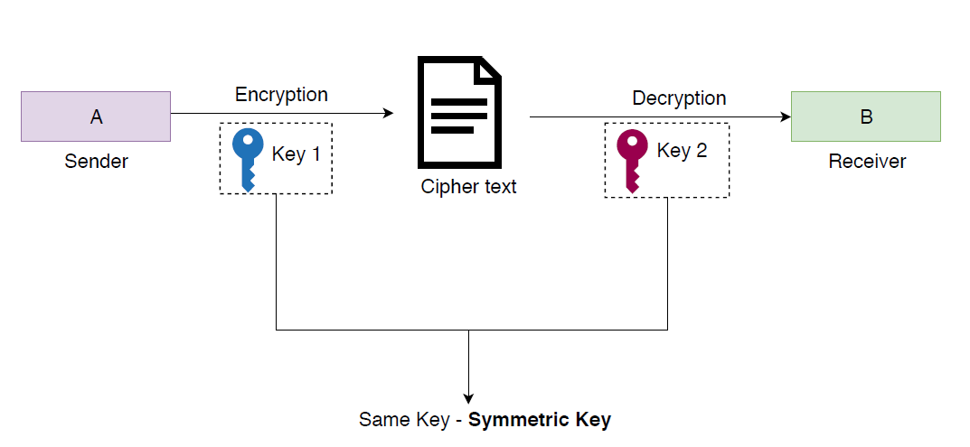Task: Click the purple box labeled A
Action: [x=96, y=116]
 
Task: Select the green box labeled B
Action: [x=865, y=116]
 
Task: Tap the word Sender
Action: [x=96, y=162]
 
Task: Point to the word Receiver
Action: [x=866, y=162]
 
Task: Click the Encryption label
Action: [x=281, y=95]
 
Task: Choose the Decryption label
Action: [x=678, y=98]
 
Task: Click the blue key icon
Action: [x=247, y=159]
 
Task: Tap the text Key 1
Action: [x=296, y=154]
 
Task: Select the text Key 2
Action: [x=682, y=151]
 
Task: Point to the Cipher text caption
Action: [x=468, y=187]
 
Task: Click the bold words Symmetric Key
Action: [x=540, y=420]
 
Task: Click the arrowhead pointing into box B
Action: [x=785, y=116]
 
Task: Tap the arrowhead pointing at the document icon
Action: [x=390, y=114]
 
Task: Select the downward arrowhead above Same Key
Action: [x=468, y=397]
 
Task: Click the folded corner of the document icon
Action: [x=489, y=69]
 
